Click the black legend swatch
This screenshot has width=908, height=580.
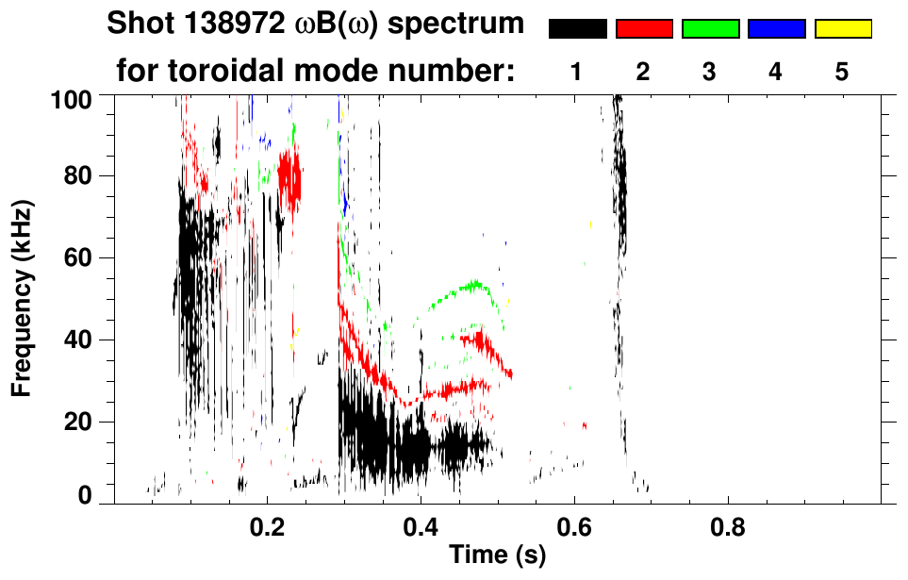pyautogui.click(x=577, y=29)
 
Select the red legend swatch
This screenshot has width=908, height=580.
pyautogui.click(x=644, y=29)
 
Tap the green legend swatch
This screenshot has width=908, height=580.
pyautogui.click(x=710, y=29)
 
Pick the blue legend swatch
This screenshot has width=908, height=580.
pyautogui.click(x=776, y=29)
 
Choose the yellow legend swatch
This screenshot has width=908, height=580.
pyautogui.click(x=842, y=29)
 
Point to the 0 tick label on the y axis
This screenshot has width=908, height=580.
pyautogui.click(x=94, y=495)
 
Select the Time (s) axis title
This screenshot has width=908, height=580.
pyautogui.click(x=496, y=556)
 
